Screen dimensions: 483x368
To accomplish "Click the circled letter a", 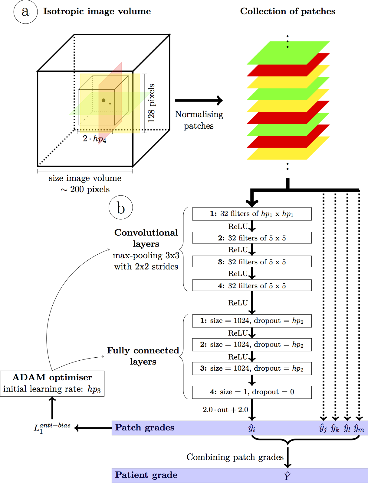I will [x=25, y=12].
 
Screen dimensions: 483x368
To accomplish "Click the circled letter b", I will [x=121, y=208].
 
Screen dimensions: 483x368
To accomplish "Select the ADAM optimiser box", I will [x=52, y=383].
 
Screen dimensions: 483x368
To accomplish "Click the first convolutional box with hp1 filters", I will [x=252, y=214].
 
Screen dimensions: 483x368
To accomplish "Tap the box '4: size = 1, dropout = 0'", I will [x=252, y=392].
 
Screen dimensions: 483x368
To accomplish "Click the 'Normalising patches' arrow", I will [x=199, y=101].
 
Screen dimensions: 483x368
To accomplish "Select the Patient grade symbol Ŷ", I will [x=287, y=476].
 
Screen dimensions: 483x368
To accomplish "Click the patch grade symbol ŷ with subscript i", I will [x=252, y=428].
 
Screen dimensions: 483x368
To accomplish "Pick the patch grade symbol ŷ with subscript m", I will [x=359, y=428].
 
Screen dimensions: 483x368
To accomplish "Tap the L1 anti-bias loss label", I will [x=52, y=428].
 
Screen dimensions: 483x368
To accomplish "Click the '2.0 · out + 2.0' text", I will [x=225, y=410].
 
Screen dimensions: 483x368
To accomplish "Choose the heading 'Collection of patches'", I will [x=287, y=11].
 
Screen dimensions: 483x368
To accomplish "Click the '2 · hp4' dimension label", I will [x=94, y=139].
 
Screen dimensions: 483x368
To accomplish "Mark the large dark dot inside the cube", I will [x=103, y=100].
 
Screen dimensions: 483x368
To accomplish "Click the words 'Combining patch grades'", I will [x=235, y=457].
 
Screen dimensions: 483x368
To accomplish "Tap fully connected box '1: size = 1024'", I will [x=252, y=321].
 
